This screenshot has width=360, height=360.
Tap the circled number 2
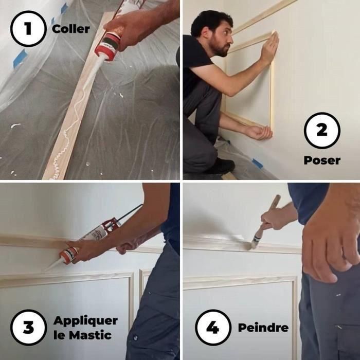pyautogui.click(x=321, y=131)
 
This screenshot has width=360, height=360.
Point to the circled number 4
pyautogui.click(x=213, y=327)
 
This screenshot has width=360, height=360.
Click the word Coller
pyautogui.click(x=71, y=29)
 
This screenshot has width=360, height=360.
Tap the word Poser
pyautogui.click(x=321, y=160)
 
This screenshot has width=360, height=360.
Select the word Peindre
pyautogui.click(x=263, y=328)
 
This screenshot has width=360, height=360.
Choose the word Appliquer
pyautogui.click(x=85, y=320)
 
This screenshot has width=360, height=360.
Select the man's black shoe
pyautogui.click(x=222, y=166)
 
